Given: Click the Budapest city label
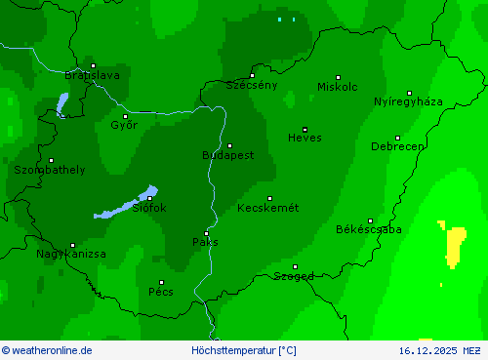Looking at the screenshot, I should (227, 155).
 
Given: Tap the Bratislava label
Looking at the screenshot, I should (92, 75).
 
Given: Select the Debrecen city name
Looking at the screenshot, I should (397, 146).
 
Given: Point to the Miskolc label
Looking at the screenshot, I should (338, 87).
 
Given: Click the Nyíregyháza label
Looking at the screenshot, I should (408, 101).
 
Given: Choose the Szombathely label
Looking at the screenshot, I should (49, 170).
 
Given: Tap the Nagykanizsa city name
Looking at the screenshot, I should (71, 254).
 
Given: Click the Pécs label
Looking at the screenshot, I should (161, 291).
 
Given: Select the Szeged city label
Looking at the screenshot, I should (293, 276).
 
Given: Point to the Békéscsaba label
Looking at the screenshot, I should (368, 229).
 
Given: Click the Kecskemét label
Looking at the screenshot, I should (268, 208).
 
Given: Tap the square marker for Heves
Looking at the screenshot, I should (305, 129).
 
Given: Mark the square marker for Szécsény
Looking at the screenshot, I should (252, 75).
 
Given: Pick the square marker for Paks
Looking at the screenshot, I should (206, 232).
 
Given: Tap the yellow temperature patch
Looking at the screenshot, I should (454, 244).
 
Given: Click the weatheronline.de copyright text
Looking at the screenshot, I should (47, 350).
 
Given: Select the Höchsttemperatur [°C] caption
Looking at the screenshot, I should (244, 350).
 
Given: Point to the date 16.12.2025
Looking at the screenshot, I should (427, 350).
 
